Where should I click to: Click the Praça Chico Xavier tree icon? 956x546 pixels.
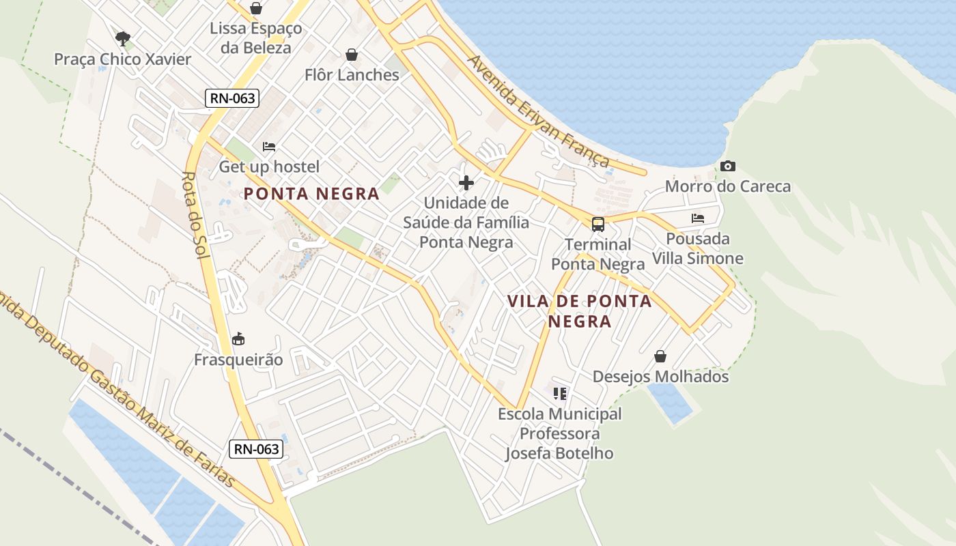(123, 38)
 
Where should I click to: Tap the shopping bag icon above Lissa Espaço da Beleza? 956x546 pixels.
(255, 8)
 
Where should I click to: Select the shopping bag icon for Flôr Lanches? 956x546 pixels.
(352, 55)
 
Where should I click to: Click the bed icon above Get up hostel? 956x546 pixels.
(269, 146)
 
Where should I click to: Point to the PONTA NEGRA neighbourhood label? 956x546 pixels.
(311, 194)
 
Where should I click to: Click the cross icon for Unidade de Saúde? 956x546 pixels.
(466, 183)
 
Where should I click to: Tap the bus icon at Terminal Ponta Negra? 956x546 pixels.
(598, 224)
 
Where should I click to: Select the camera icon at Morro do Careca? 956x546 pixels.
(728, 166)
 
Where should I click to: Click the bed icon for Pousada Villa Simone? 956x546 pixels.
(698, 218)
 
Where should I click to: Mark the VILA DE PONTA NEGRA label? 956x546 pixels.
(579, 311)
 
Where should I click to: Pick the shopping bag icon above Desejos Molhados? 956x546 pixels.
(660, 356)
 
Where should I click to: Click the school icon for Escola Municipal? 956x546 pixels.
(560, 393)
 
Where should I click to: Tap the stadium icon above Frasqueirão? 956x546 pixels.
(238, 339)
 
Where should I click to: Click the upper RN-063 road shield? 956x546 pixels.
(232, 98)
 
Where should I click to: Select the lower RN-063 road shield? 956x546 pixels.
(256, 448)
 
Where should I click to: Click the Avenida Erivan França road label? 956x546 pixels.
(538, 111)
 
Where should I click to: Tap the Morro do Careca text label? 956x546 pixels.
(728, 186)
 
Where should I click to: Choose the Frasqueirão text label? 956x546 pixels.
(238, 359)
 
